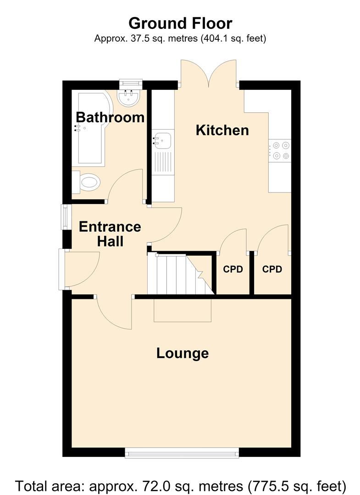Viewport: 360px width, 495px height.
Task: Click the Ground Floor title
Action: [180, 23]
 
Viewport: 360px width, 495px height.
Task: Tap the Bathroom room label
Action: [110, 117]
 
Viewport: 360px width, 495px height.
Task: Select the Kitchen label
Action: [222, 130]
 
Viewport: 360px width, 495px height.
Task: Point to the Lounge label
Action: [183, 353]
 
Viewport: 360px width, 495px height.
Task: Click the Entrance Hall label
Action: [110, 234]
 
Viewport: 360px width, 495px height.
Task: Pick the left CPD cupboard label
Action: [233, 269]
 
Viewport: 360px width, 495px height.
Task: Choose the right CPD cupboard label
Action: [272, 269]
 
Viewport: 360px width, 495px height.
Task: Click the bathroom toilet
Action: [86, 182]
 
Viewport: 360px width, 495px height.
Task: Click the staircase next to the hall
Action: [181, 274]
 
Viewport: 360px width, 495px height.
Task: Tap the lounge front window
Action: [182, 453]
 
